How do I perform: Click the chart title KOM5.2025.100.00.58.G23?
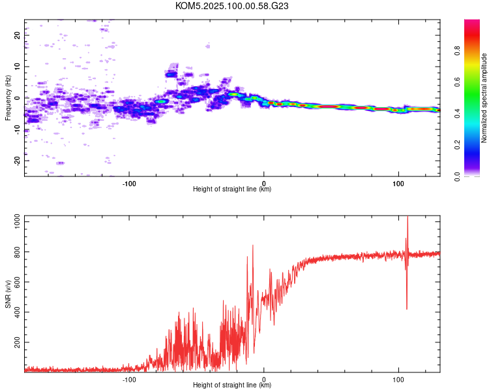click(x=231, y=6)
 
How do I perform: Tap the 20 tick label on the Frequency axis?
click(x=17, y=35)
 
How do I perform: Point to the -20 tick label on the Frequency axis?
click(x=17, y=161)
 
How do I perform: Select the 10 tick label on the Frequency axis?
click(x=17, y=67)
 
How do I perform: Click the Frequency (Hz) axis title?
click(x=8, y=98)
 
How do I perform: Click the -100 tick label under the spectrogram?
click(x=129, y=184)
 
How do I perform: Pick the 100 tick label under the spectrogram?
click(x=398, y=184)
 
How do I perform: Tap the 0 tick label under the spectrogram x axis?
click(x=264, y=184)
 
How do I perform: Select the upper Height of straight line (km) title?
click(x=232, y=189)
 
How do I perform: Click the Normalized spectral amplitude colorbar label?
click(x=484, y=98)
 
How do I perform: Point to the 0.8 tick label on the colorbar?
click(x=457, y=51)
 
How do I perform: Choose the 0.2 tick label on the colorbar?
click(x=457, y=145)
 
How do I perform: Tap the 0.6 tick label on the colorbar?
click(x=457, y=82)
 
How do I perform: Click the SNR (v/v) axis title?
click(x=8, y=293)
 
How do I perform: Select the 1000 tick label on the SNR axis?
click(x=17, y=222)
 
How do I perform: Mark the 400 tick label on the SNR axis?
click(x=17, y=312)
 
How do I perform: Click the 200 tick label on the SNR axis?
click(x=17, y=342)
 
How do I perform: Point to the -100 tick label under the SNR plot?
click(x=129, y=380)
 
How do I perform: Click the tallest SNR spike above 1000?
click(x=407, y=218)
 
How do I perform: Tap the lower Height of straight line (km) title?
click(x=232, y=385)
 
